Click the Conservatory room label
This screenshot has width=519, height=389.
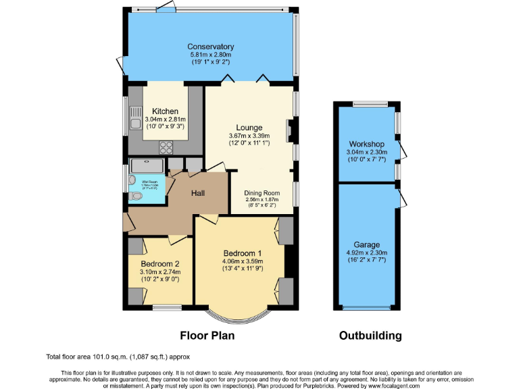[211, 47]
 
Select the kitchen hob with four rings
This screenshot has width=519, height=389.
[166, 148]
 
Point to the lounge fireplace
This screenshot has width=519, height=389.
[290, 131]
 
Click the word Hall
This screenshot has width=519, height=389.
[198, 194]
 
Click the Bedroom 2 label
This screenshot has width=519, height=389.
[160, 264]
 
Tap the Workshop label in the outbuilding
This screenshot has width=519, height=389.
[366, 145]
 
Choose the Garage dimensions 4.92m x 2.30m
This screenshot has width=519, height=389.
[366, 253]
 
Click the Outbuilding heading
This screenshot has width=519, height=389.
[370, 336]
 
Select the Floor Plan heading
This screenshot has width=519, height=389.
[207, 336]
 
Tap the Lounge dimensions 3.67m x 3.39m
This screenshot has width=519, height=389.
[249, 135]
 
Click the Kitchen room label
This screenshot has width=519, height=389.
[165, 111]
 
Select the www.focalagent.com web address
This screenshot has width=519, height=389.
[395, 386]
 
